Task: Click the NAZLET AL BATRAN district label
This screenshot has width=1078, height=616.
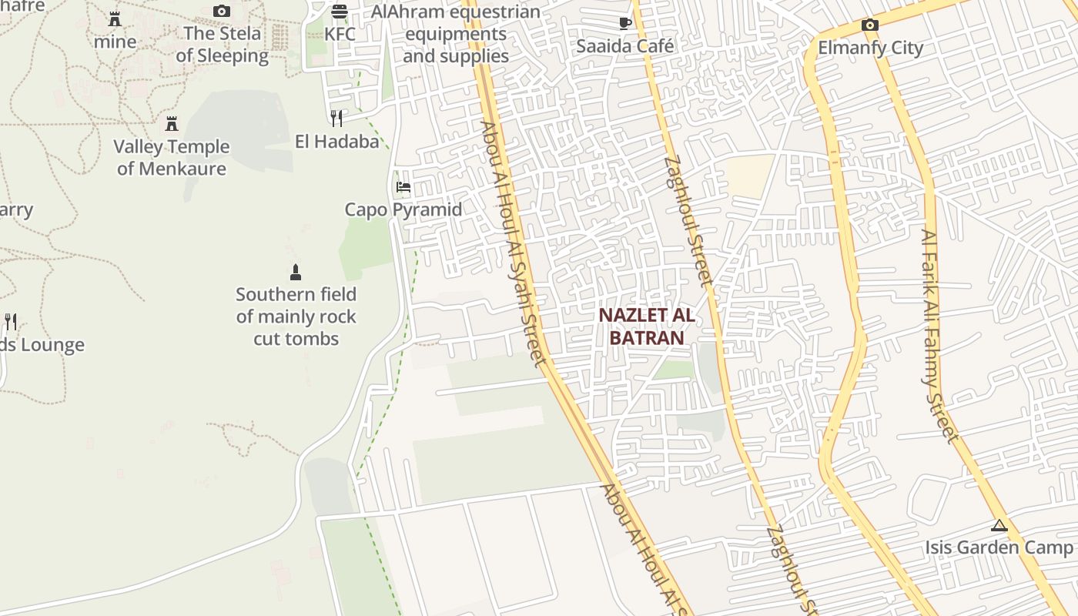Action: click(647, 326)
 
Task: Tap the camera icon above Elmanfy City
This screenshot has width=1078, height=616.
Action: click(870, 25)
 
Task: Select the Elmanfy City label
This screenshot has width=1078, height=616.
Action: click(870, 48)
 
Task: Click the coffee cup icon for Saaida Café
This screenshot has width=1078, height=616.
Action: click(625, 23)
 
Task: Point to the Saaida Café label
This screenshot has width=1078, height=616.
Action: click(625, 46)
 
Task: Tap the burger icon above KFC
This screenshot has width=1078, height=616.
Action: click(340, 12)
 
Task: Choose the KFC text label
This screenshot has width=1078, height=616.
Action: click(340, 35)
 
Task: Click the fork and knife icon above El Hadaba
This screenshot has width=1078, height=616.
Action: click(336, 118)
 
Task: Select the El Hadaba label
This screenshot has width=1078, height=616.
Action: click(337, 142)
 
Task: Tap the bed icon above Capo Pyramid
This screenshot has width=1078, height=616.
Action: click(403, 186)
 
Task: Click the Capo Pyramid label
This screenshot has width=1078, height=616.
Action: click(403, 209)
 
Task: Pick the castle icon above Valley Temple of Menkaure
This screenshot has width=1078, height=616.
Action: click(172, 123)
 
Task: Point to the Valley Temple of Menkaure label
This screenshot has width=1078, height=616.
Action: click(172, 158)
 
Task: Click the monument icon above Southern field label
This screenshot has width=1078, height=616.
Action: click(295, 272)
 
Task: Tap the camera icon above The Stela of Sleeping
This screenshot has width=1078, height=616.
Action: click(222, 11)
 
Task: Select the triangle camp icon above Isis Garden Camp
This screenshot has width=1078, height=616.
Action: click(999, 526)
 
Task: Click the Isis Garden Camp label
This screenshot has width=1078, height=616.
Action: click(999, 547)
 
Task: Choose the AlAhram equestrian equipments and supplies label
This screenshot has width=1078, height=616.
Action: click(456, 34)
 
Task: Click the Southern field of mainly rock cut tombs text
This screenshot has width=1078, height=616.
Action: click(296, 316)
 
